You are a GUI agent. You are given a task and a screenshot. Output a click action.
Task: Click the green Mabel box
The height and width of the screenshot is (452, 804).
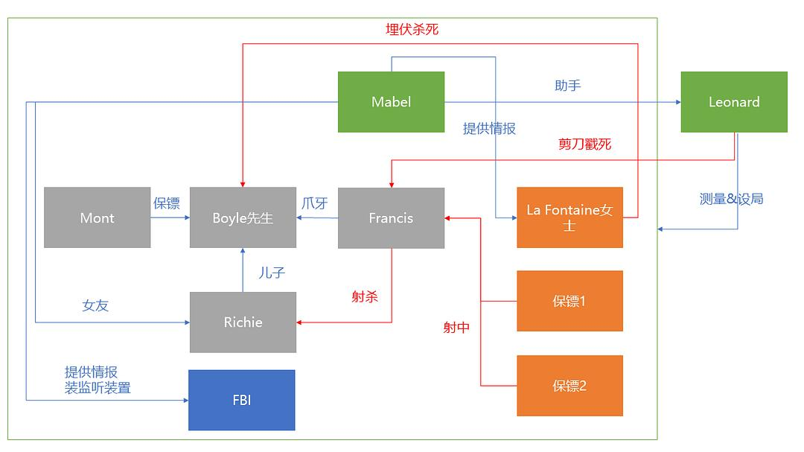pos(391,102)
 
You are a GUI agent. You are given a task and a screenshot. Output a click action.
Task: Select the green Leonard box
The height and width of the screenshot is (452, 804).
pos(733,102)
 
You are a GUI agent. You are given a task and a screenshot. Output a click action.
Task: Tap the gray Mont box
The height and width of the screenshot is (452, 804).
pos(97,217)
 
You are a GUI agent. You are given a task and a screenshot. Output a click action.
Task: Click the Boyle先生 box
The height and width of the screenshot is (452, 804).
pos(243,217)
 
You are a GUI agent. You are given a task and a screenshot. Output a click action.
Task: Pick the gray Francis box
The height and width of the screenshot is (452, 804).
pos(391,217)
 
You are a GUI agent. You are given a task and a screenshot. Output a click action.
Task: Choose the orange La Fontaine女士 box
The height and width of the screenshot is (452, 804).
pos(569,217)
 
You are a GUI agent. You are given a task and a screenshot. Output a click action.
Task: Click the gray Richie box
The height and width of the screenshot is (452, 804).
pos(243,322)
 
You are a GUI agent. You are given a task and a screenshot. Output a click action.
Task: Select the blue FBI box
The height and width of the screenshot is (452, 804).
pos(241,400)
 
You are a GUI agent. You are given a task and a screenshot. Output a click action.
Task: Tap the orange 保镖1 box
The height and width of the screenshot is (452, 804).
pos(569,301)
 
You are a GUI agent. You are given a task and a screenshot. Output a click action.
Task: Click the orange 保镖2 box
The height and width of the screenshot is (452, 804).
pos(569,385)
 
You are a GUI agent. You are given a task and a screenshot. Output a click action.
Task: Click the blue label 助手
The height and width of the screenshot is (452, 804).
pos(567,86)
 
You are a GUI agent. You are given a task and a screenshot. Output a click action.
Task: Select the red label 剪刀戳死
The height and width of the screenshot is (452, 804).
pos(584,144)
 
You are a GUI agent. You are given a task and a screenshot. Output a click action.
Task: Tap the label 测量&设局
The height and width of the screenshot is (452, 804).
pos(731,199)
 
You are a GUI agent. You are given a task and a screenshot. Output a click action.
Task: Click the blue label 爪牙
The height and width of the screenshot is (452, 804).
pos(314,203)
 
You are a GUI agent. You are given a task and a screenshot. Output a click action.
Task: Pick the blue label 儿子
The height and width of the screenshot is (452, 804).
pos(272,273)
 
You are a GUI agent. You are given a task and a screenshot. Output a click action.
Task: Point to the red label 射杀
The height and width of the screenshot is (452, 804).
pos(365,297)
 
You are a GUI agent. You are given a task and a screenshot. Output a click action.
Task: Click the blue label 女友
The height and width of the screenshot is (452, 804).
pos(95,305)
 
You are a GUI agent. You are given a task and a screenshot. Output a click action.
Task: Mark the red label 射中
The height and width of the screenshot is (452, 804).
pos(456,327)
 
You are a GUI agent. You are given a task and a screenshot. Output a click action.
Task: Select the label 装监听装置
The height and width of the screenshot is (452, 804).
pos(98,387)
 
